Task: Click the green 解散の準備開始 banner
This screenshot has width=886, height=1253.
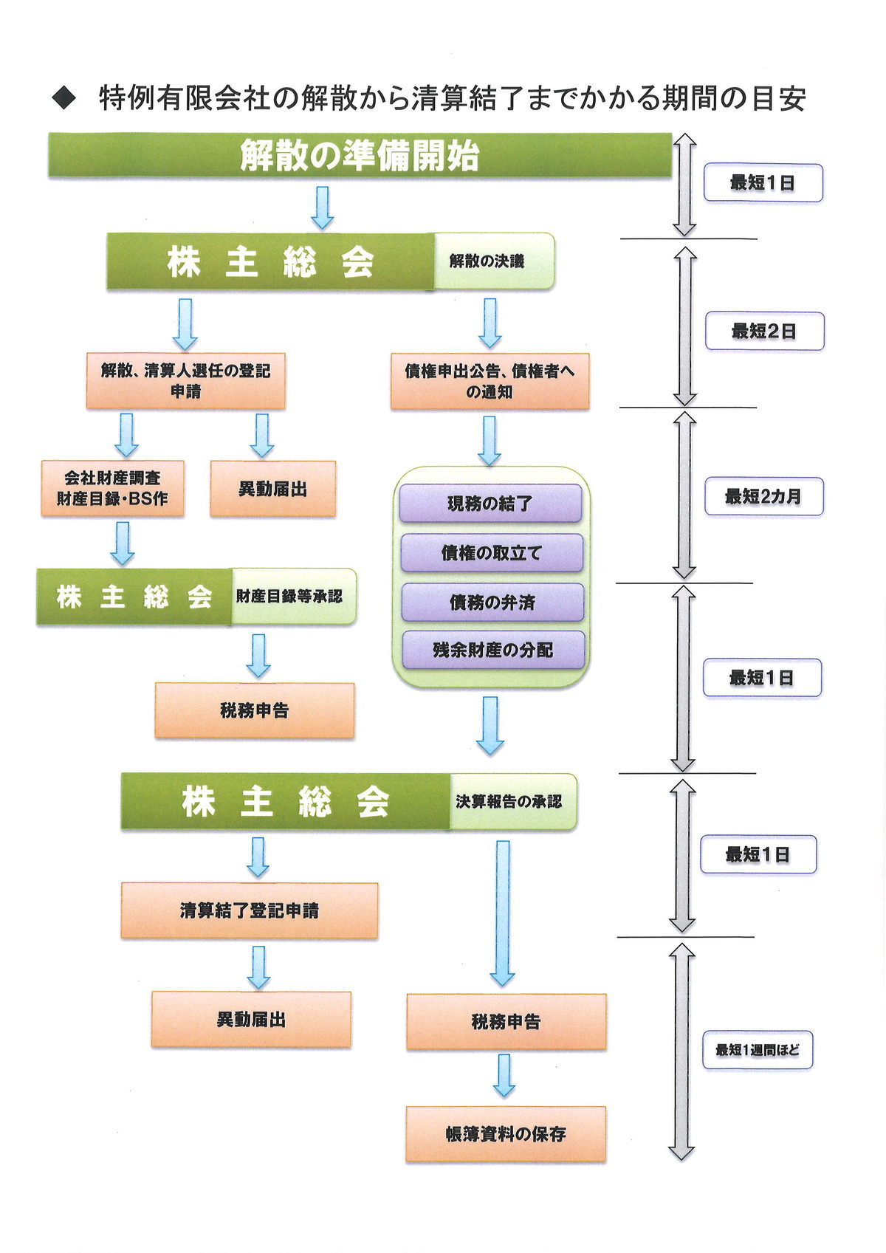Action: pos(360,156)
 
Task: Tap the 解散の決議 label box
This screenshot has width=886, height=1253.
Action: pos(495,261)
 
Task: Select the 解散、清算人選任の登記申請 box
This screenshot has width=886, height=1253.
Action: pos(186,381)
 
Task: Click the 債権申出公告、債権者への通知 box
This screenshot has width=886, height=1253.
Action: pos(490,382)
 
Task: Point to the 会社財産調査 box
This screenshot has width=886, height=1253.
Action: pos(112,488)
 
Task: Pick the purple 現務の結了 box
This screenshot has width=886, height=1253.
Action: pos(490,504)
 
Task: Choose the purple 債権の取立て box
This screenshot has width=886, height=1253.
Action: pos(492,552)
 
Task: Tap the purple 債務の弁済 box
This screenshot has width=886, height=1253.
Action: pos(492,602)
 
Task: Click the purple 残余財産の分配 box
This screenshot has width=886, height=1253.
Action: pos(492,650)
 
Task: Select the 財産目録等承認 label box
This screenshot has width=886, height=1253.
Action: pos(294,597)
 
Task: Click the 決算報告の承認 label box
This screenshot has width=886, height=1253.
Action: pos(513,802)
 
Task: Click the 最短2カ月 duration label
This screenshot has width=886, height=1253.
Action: pos(763,496)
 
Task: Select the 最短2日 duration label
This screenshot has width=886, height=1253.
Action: pos(765,331)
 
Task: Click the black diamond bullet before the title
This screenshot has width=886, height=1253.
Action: pos(63,98)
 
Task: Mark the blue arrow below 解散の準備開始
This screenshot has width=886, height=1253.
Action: pos(322,207)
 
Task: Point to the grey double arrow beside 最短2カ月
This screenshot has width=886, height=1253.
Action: pos(684,495)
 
